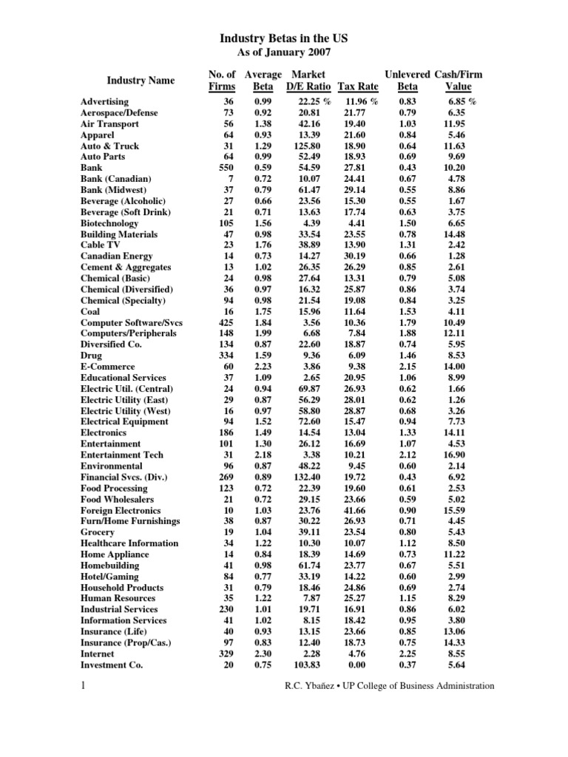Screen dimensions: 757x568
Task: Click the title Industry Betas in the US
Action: pos(284,38)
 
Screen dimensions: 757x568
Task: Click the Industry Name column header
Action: pos(135,80)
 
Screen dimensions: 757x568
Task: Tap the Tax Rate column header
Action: pos(358,86)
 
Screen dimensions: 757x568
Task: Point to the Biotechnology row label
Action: pos(109,223)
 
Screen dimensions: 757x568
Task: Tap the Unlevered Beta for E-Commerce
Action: pos(409,367)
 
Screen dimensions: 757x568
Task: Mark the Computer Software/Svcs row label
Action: pos(132,322)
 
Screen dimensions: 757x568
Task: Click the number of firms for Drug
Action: pos(224,356)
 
